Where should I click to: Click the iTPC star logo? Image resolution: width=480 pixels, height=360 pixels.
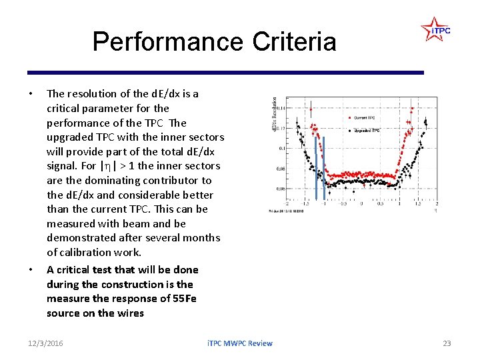click(x=435, y=30)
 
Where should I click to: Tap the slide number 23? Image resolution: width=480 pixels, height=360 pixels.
click(x=447, y=343)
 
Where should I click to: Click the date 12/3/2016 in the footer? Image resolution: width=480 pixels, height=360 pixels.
click(x=45, y=343)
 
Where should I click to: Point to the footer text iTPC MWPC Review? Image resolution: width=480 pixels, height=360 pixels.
click(x=239, y=343)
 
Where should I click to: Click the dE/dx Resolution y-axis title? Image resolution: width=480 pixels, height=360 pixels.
click(x=274, y=113)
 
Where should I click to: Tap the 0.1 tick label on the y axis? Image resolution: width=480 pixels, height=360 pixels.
click(x=282, y=148)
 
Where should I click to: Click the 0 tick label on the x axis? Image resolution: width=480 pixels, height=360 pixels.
click(x=361, y=204)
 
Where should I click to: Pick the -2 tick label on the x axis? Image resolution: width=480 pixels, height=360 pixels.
click(x=287, y=204)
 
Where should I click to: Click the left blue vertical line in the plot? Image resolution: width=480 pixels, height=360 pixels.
click(x=316, y=167)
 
